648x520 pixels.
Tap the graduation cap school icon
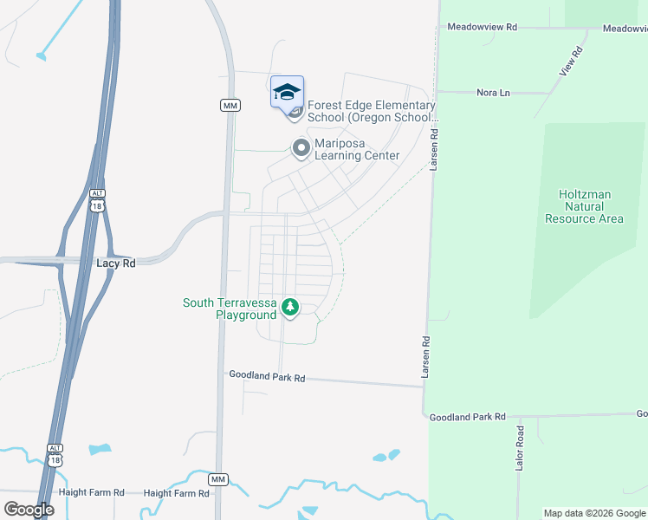tap(287, 92)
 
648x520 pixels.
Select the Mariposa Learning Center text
tap(356, 150)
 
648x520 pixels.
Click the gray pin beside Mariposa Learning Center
tap(301, 148)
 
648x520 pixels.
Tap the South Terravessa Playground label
tap(230, 309)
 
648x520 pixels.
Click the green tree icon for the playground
tap(290, 307)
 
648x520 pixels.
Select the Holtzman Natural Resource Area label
tap(585, 206)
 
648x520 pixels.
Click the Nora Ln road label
tap(493, 92)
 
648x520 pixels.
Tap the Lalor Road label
tap(521, 448)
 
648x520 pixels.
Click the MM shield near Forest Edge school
tap(230, 105)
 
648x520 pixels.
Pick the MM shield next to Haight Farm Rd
tap(217, 479)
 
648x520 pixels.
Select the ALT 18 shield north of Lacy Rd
tap(97, 200)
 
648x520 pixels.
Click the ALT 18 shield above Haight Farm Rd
tap(55, 454)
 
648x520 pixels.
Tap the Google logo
tap(29, 510)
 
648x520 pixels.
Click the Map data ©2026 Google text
tap(594, 513)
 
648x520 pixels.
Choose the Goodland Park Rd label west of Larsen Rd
tap(267, 377)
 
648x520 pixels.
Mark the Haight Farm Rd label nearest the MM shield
tap(177, 493)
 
